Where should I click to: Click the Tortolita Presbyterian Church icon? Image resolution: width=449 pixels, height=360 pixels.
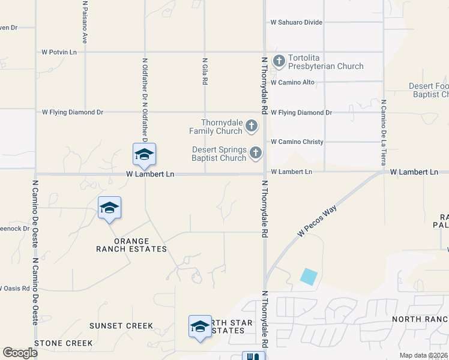tap(279, 61)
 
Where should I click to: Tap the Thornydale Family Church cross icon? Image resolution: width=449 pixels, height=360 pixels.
tap(252, 126)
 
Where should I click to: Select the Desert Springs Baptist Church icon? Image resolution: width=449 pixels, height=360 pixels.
tap(256, 153)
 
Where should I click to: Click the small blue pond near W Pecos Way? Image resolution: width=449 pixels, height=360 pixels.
tap(309, 277)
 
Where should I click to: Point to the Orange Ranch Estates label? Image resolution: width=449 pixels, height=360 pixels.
tap(132, 245)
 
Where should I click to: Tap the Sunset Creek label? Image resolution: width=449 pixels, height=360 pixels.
tap(121, 326)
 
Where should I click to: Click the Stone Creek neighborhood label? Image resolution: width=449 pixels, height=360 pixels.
tap(64, 343)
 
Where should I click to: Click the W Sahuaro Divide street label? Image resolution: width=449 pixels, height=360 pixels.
tap(297, 22)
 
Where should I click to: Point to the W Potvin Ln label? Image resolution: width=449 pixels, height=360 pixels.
tap(59, 52)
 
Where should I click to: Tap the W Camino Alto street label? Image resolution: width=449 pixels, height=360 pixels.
tap(293, 82)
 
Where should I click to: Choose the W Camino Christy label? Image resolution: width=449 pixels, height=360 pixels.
tap(297, 142)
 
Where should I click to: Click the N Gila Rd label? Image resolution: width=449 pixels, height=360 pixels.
tap(205, 71)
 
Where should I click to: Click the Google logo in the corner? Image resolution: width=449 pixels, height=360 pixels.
tap(20, 353)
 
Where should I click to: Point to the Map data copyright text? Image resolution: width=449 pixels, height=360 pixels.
tap(424, 355)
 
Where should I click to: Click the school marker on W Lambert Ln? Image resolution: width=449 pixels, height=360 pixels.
tap(144, 154)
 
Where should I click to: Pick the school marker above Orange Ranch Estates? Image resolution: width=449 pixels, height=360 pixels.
tap(109, 208)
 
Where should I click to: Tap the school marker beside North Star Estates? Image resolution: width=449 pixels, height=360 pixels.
tap(200, 326)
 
